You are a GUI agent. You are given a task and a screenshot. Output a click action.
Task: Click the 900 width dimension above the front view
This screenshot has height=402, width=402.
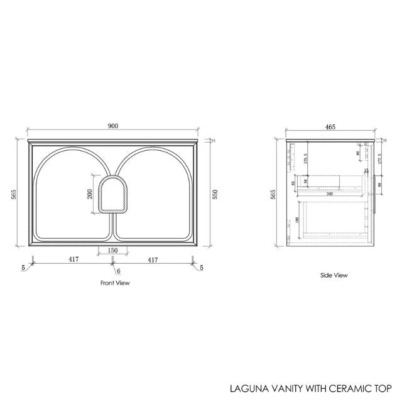[113, 126]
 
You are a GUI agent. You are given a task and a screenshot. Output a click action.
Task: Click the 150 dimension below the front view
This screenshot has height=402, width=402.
[112, 251]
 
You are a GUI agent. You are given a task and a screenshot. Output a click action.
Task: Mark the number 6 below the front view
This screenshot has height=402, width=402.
[117, 271]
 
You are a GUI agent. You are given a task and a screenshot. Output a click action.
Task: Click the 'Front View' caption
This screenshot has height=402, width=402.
[114, 283]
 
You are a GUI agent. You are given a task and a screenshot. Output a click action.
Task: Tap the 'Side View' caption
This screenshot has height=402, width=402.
[334, 275]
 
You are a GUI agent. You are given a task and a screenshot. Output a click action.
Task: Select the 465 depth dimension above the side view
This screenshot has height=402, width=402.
[330, 126]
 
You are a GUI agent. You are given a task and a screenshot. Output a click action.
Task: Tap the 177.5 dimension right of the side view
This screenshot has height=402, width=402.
[381, 159]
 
